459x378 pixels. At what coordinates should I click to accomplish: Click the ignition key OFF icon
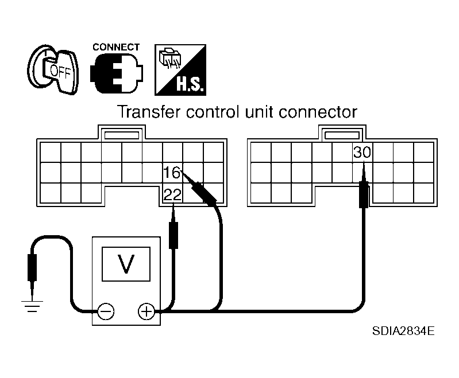[x=53, y=69]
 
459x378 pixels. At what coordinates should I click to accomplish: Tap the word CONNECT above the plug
[x=116, y=47]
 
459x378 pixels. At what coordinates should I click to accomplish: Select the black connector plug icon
[x=117, y=73]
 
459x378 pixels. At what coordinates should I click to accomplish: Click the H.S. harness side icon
[x=180, y=70]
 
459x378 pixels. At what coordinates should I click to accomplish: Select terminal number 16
[x=172, y=173]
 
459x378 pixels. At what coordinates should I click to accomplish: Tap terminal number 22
[x=173, y=194]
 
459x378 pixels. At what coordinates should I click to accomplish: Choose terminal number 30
[x=362, y=152]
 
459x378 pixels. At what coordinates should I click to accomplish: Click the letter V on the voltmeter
[x=126, y=263]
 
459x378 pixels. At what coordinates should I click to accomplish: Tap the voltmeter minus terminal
[x=106, y=311]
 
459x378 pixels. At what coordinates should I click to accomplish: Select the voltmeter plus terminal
[x=146, y=311]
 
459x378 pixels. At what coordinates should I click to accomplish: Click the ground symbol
[x=32, y=306]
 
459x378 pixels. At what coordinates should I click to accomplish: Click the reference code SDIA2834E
[x=403, y=331]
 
